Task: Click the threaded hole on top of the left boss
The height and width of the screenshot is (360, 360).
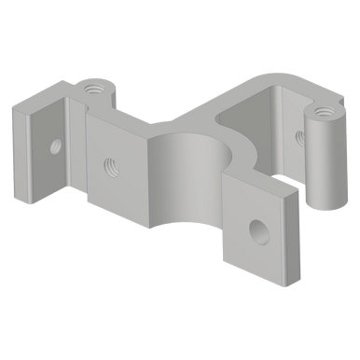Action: click(x=93, y=90)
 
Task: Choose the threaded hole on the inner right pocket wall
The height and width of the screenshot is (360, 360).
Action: click(x=298, y=136)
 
